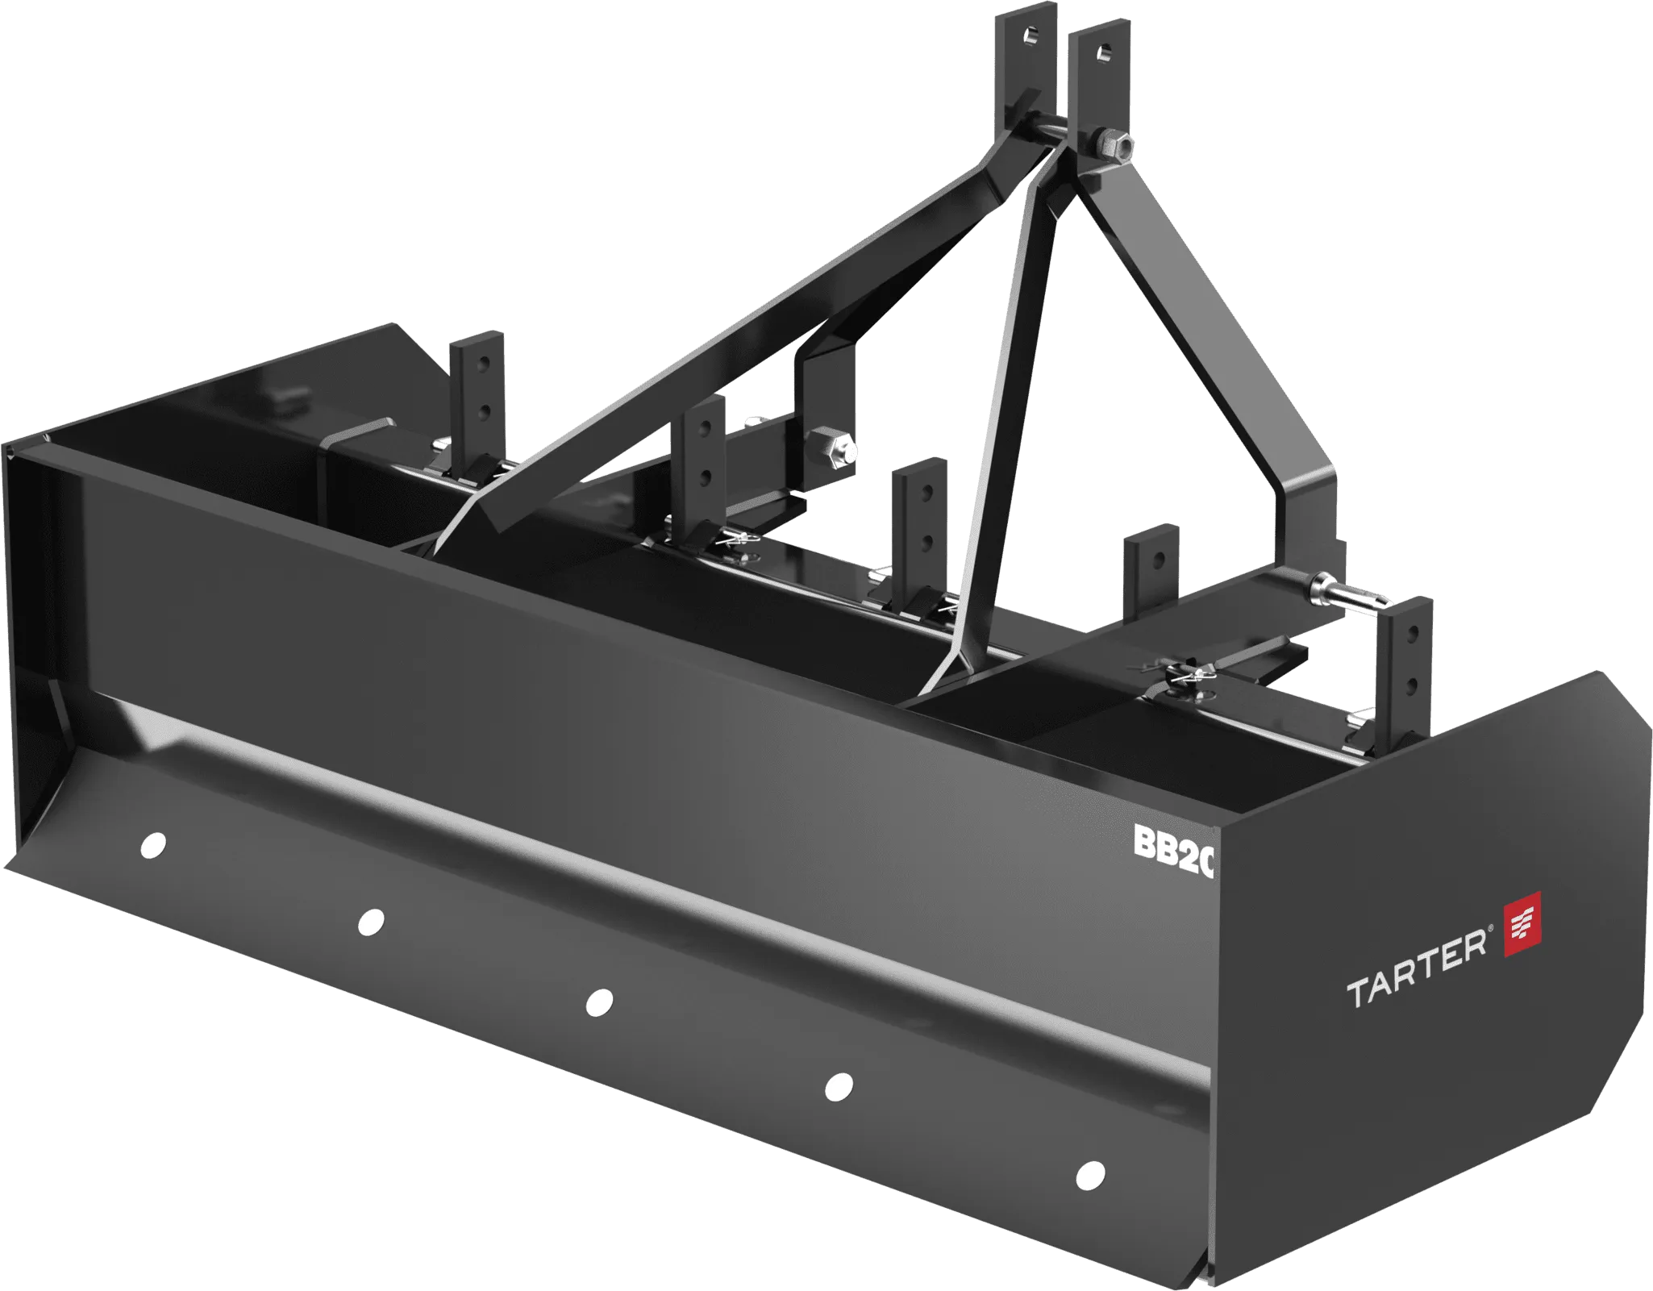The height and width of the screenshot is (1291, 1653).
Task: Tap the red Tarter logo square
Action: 1523,924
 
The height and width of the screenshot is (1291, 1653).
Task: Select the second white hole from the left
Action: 371,921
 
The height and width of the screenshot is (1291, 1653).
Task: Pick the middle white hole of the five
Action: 598,1002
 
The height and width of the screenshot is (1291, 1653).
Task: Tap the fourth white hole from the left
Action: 839,1086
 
